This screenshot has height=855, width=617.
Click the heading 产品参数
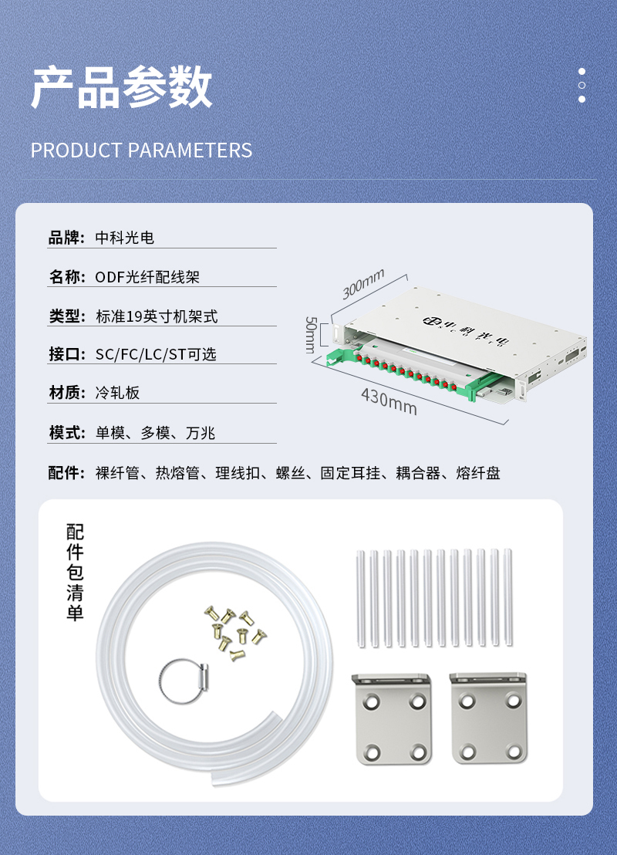[122, 86]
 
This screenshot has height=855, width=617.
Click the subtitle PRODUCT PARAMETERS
[141, 150]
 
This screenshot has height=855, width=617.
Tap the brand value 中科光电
[125, 238]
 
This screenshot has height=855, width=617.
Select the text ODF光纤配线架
[147, 277]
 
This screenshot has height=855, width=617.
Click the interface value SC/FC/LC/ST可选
[156, 354]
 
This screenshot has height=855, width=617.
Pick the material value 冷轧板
[118, 393]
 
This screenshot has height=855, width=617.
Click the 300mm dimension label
[363, 283]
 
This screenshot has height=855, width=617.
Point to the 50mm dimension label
[311, 334]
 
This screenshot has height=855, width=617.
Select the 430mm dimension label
[389, 401]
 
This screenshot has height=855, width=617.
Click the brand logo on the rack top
[466, 329]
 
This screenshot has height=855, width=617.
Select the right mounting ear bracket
[489, 717]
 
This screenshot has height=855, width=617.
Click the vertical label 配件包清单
[75, 573]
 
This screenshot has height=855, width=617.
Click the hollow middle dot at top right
[582, 86]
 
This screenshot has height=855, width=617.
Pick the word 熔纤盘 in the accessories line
[478, 473]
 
